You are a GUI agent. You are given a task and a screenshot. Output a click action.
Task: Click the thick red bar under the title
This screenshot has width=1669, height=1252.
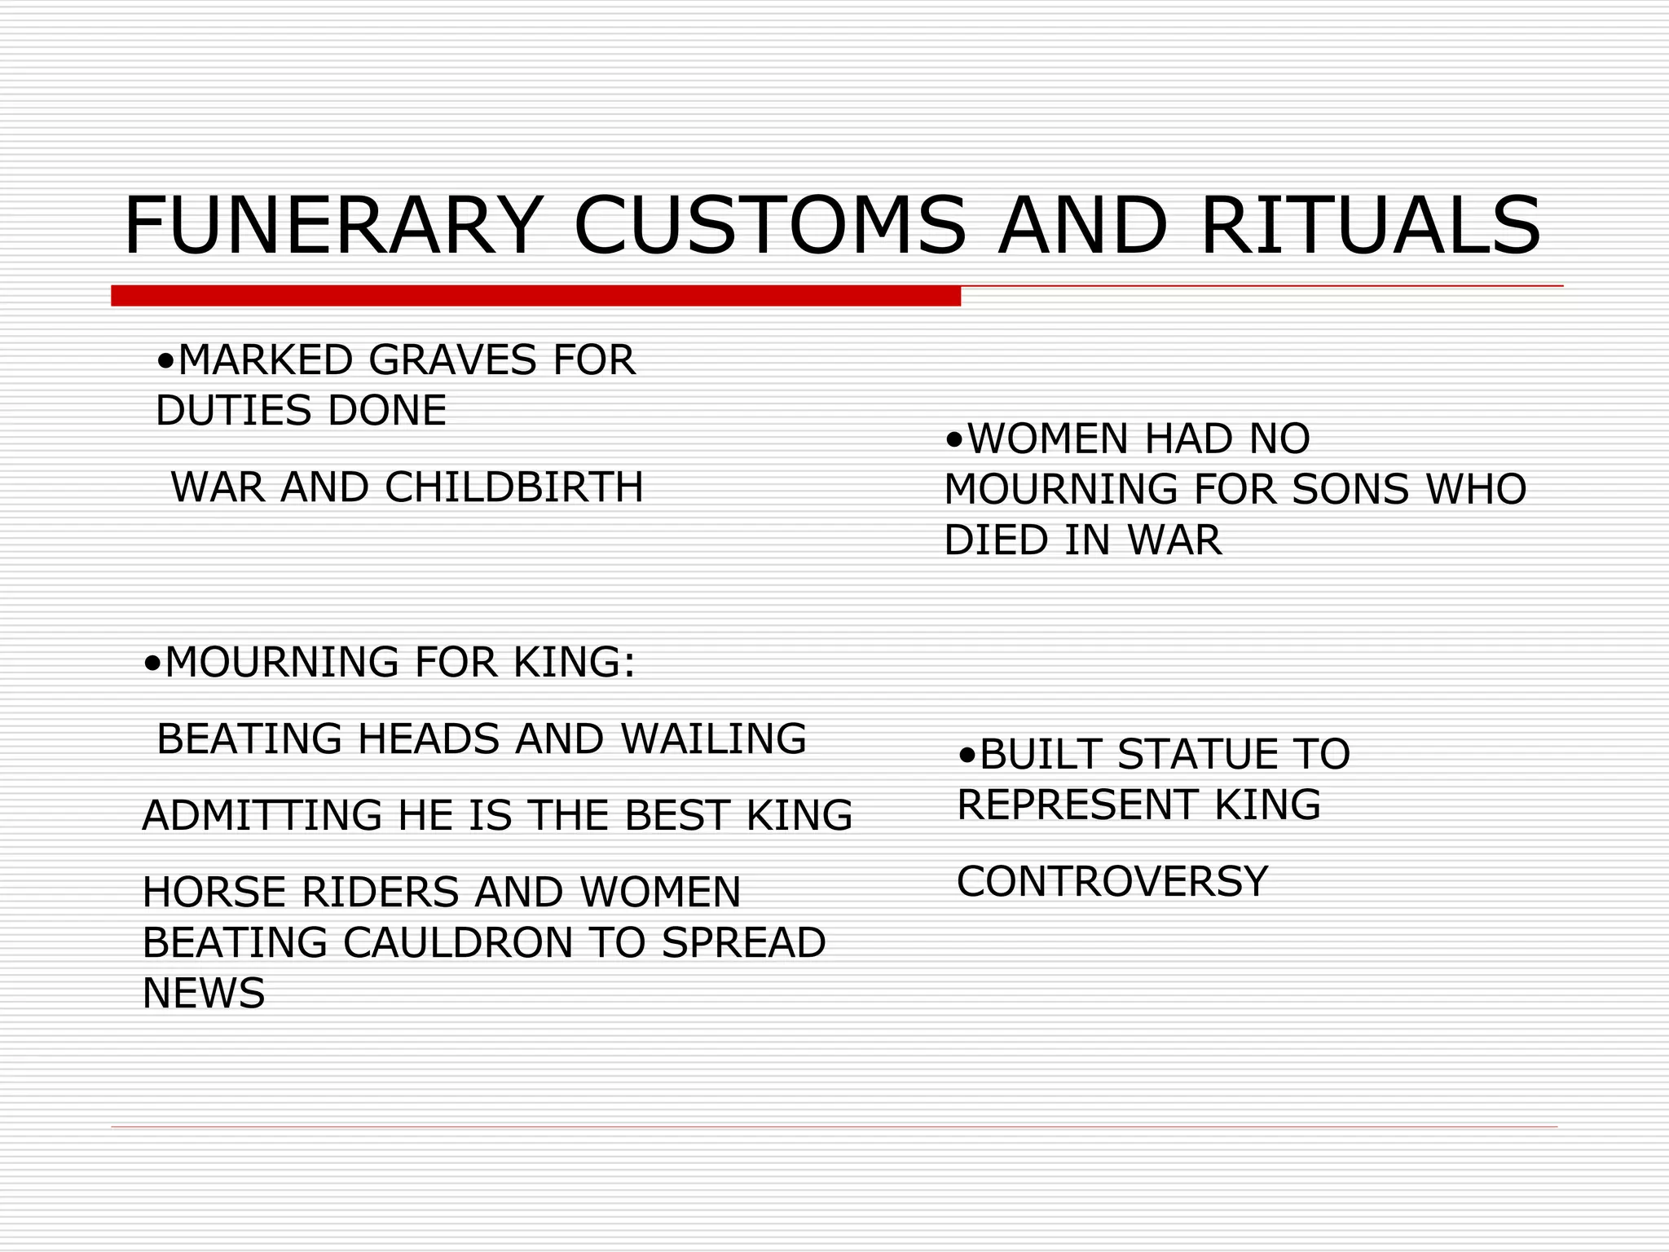tap(535, 296)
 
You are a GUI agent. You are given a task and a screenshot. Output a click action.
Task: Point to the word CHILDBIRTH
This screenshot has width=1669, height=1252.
tap(514, 487)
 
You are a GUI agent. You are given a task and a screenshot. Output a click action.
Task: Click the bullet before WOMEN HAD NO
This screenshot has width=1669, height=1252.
tap(954, 441)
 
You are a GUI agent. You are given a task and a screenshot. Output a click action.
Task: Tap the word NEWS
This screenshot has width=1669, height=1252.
tap(204, 993)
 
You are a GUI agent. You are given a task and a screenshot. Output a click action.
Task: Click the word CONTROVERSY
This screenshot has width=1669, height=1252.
tap(1112, 881)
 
